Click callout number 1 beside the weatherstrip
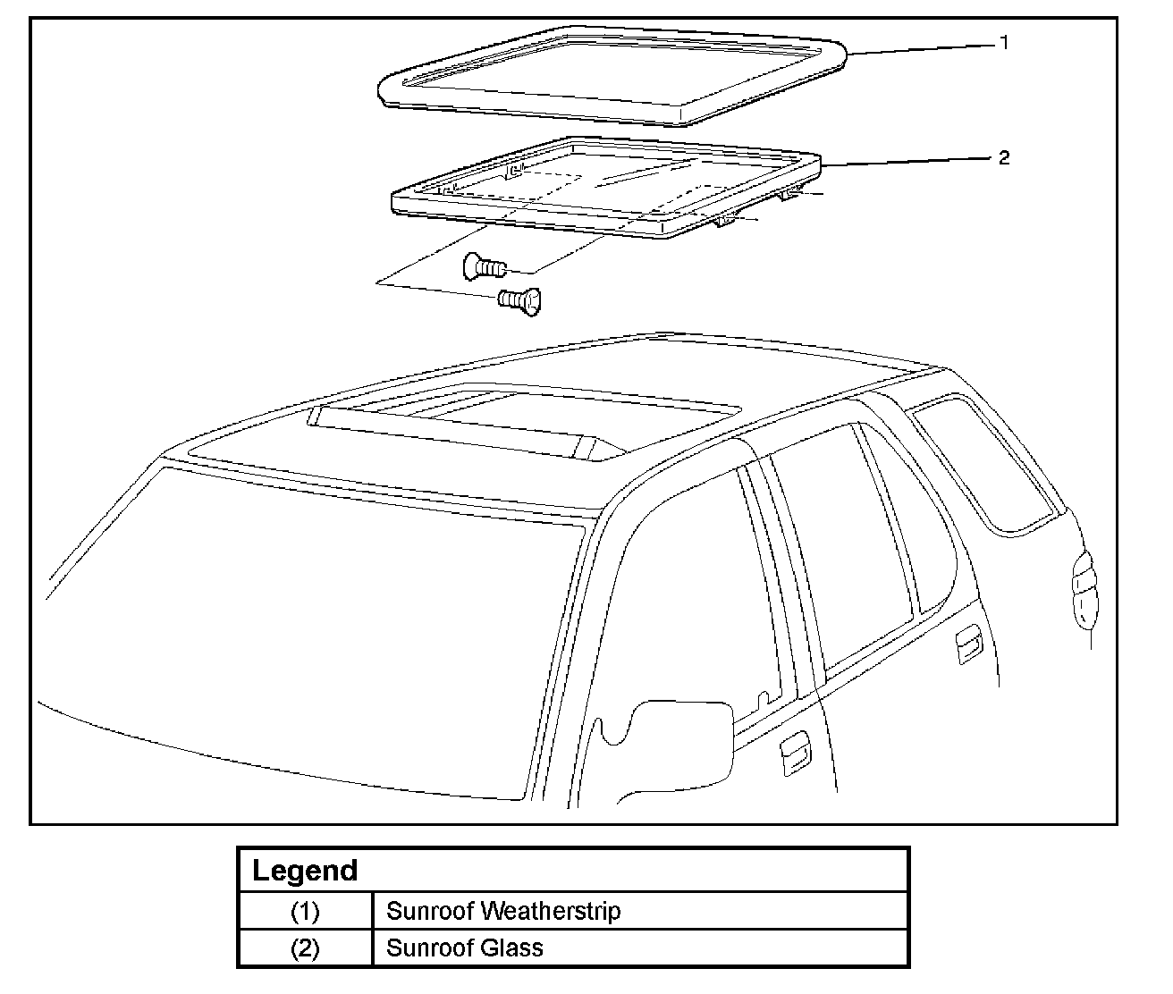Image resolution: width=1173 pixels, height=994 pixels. [1004, 42]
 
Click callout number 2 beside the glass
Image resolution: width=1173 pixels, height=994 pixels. [1004, 157]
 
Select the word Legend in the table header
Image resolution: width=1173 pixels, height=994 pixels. [305, 871]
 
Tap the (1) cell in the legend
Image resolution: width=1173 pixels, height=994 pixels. [305, 912]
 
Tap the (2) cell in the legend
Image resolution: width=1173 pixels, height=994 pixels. [305, 948]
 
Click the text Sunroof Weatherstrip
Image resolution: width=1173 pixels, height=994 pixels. [502, 912]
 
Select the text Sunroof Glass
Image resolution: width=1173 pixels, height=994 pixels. [464, 948]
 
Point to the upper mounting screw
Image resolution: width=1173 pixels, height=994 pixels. [484, 265]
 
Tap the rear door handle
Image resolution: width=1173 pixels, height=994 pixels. [968, 646]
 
